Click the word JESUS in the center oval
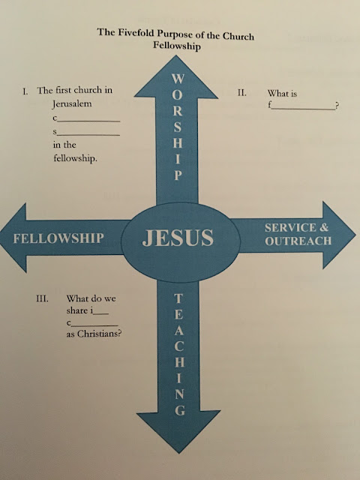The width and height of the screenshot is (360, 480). (x=178, y=238)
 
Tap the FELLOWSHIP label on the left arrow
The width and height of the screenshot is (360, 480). (x=58, y=238)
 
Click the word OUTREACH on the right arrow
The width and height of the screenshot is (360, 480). (x=298, y=241)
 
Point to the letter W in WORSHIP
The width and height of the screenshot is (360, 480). (x=178, y=78)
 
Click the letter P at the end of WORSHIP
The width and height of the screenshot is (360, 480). (x=178, y=175)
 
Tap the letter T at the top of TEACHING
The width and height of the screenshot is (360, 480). (x=178, y=298)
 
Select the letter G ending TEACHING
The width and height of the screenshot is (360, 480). (x=180, y=410)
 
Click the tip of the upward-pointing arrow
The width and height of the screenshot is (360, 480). (x=176, y=55)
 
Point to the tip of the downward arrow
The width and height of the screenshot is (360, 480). (x=179, y=453)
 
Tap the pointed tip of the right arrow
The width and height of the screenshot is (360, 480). (x=355, y=235)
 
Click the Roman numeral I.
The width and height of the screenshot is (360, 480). (x=25, y=91)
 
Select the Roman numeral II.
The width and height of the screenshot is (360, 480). (x=241, y=93)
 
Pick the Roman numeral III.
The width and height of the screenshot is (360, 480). (x=42, y=298)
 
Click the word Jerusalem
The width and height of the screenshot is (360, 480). (x=72, y=103)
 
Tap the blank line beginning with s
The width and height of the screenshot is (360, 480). (x=88, y=135)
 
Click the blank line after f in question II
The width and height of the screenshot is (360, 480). (x=302, y=109)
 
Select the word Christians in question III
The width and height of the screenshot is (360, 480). (x=98, y=333)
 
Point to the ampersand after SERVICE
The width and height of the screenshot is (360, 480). (x=324, y=228)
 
